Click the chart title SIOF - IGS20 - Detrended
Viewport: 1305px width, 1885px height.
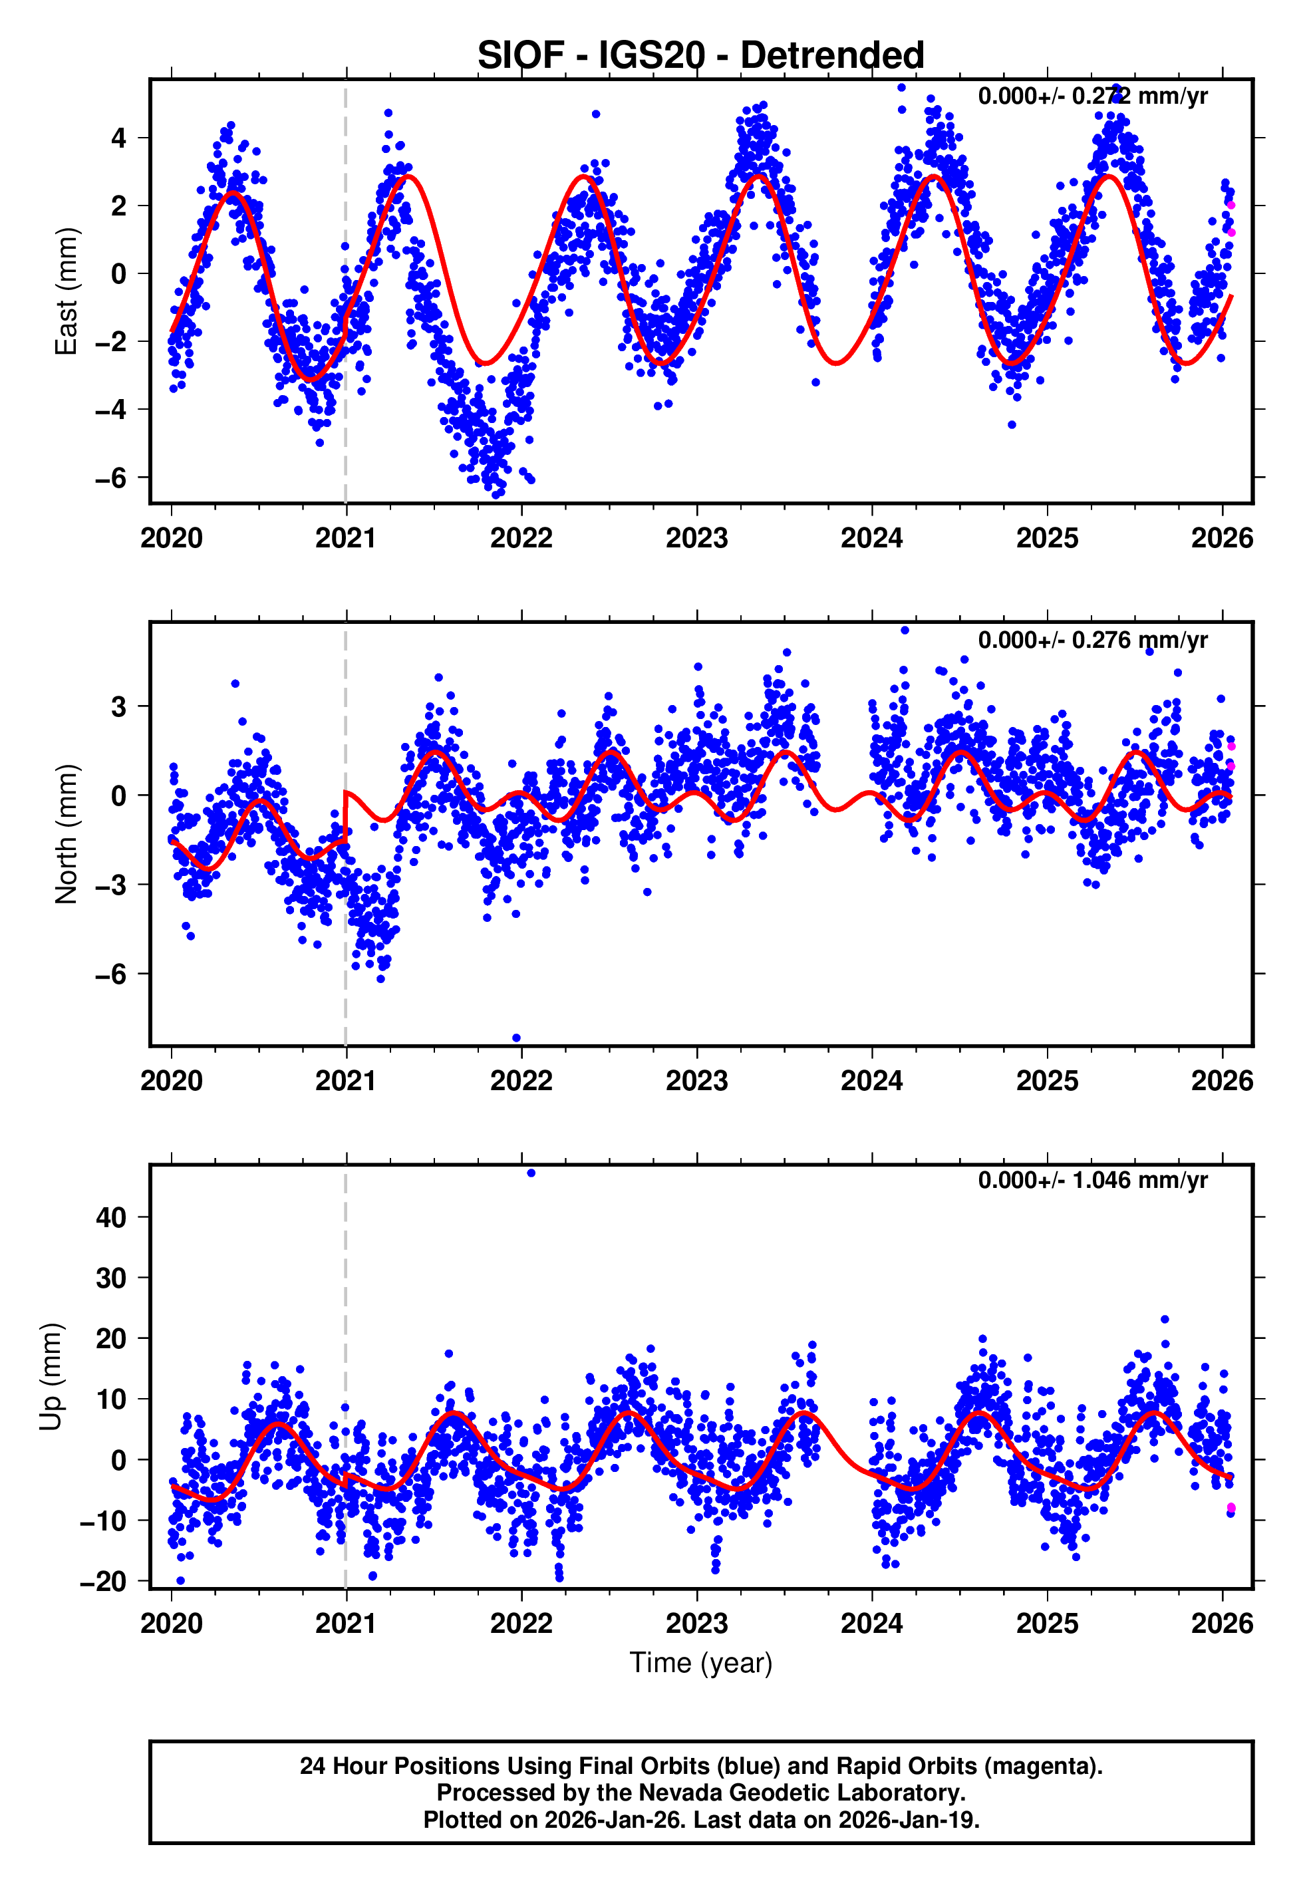point(701,56)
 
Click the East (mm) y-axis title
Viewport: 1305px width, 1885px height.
point(67,291)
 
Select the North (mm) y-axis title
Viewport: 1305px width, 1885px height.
point(67,834)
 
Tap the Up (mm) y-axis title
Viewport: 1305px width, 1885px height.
point(51,1377)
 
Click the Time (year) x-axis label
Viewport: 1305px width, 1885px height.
point(701,1663)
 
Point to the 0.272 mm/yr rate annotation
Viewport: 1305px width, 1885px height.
point(1092,96)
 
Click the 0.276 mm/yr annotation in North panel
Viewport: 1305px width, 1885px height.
point(1092,639)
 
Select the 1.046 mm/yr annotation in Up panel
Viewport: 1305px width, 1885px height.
point(1092,1179)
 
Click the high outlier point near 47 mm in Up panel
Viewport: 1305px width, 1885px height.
point(531,1173)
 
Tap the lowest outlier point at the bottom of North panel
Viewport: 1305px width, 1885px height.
point(517,1038)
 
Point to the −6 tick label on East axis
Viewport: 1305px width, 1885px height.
point(110,478)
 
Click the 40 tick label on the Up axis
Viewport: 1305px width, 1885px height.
point(110,1217)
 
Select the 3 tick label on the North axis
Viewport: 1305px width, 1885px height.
point(118,706)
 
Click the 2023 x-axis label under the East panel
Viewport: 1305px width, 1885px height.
point(696,538)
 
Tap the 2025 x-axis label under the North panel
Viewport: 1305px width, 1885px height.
point(1047,1081)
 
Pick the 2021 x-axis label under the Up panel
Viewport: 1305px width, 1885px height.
point(346,1624)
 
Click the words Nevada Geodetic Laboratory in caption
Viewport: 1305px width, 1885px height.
point(801,1793)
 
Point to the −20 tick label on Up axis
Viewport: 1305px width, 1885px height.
point(103,1582)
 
